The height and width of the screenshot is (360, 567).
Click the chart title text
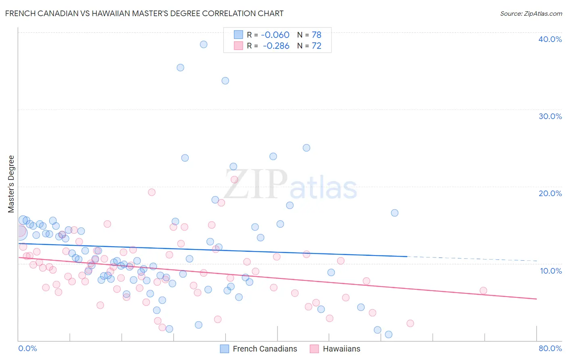[144, 13]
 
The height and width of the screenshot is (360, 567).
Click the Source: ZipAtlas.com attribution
[531, 13]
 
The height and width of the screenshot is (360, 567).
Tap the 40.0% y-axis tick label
[550, 39]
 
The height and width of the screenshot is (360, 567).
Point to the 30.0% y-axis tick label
[550, 116]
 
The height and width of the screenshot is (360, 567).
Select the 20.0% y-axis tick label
[550, 193]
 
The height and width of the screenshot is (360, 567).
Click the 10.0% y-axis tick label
[551, 271]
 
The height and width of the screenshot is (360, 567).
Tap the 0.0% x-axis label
[27, 348]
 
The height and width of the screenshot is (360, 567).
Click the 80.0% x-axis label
[550, 348]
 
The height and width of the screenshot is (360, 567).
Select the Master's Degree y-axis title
[11, 184]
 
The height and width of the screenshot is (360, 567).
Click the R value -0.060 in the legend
[275, 35]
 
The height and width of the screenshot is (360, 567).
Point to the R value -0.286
[276, 46]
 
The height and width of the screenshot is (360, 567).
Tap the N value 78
[316, 35]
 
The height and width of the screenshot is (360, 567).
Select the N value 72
[316, 46]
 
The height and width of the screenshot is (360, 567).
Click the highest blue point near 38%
[204, 44]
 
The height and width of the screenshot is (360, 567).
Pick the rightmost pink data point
[483, 291]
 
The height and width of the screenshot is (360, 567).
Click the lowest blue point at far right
[388, 334]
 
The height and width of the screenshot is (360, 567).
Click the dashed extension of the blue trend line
[472, 259]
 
